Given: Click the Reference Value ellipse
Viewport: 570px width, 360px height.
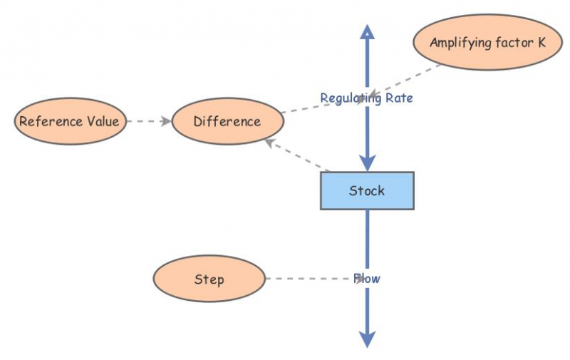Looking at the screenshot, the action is [70, 121].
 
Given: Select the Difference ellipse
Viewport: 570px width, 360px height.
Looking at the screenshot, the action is [227, 121].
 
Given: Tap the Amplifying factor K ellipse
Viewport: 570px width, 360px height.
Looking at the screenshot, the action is [487, 42].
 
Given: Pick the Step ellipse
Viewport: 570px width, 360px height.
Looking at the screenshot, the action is [209, 279].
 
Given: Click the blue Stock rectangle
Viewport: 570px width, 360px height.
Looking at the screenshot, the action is [367, 190].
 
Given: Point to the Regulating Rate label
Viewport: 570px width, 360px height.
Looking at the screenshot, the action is [366, 98].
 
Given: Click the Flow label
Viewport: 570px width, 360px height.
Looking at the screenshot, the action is [367, 279].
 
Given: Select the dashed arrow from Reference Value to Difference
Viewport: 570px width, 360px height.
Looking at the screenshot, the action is [149, 121].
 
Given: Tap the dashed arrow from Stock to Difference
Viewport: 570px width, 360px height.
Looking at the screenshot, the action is [296, 155].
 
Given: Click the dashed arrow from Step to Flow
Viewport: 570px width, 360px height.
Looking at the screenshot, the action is [315, 279].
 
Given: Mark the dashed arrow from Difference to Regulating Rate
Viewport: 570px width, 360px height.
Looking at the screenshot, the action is [323, 106].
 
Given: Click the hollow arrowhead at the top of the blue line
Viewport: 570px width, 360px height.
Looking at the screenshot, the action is [367, 31].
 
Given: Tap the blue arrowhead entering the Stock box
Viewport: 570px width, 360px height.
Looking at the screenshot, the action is [367, 163].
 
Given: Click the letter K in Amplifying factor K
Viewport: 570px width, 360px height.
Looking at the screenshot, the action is [541, 42].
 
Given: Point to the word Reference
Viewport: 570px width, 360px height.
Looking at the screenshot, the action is [51, 121].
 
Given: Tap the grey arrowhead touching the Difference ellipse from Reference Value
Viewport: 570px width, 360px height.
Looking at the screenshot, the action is [167, 121].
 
